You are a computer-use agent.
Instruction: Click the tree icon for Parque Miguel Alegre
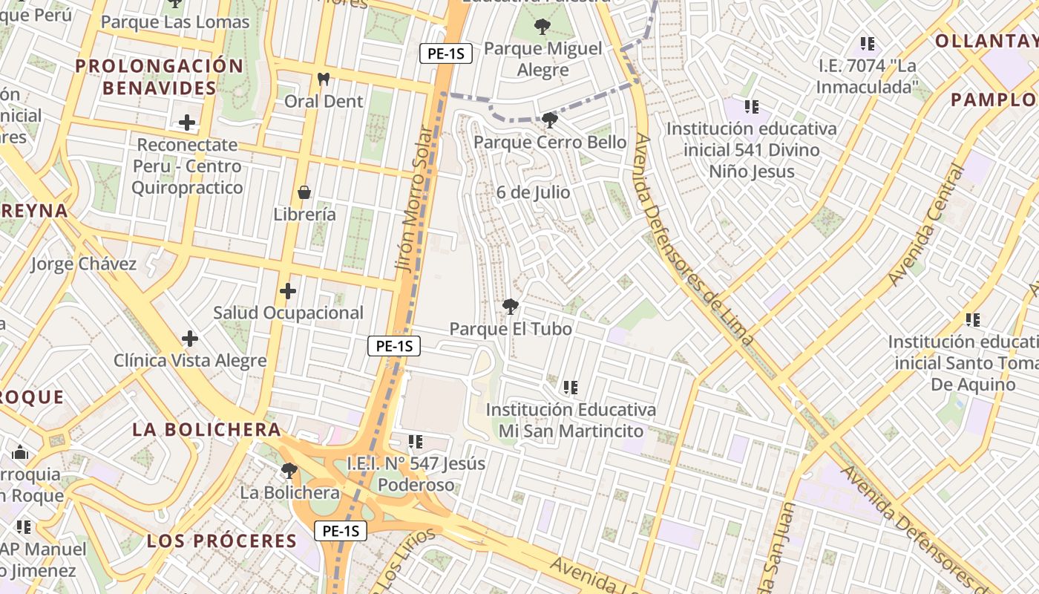[543, 27]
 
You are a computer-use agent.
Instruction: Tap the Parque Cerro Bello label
[550, 142]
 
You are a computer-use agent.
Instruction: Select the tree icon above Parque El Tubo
[511, 306]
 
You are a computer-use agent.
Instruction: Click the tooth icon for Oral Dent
[323, 79]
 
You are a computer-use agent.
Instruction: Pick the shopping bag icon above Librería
[304, 193]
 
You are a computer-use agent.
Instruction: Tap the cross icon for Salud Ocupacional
[288, 291]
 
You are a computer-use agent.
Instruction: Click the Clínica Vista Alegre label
[190, 361]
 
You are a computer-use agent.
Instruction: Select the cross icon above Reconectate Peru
[187, 123]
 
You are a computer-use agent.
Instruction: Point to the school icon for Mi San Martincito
[570, 387]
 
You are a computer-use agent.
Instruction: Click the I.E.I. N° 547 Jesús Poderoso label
[416, 474]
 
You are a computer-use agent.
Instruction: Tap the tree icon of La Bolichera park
[289, 471]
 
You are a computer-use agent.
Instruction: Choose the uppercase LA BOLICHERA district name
[207, 429]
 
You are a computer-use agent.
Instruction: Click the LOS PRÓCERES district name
[222, 541]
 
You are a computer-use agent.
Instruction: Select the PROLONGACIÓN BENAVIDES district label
[160, 77]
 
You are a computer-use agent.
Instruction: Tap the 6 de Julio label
[534, 192]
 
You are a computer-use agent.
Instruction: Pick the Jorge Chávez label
[84, 264]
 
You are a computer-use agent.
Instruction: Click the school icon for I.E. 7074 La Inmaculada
[867, 44]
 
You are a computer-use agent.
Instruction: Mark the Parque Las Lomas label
[175, 22]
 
